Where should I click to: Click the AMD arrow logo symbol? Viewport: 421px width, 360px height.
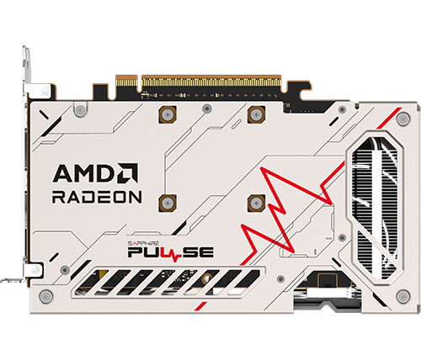coord(128,173)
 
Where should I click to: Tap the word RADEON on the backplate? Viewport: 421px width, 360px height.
coord(97,197)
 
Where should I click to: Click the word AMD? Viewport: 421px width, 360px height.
coord(84,173)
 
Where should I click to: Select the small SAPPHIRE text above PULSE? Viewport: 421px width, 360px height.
coord(143,243)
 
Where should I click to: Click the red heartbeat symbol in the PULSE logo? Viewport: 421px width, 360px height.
coord(175,254)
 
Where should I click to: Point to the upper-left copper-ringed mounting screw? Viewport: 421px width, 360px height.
coord(168,114)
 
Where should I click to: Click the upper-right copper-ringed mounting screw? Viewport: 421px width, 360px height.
coord(256,114)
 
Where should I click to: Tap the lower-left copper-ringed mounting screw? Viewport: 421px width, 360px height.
coord(168,203)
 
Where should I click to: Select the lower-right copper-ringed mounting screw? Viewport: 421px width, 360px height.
coord(256,203)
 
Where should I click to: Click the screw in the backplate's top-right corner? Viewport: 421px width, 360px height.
coord(403,119)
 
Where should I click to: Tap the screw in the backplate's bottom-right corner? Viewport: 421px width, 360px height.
coord(403,296)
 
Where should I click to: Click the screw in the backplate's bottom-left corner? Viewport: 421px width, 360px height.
coord(46,297)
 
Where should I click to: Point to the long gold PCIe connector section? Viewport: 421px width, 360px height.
coord(211,81)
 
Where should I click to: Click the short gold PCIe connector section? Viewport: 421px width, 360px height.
coord(126,81)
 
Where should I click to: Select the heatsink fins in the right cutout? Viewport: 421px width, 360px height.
coord(375,208)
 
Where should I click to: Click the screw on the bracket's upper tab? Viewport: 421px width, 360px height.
coord(45,91)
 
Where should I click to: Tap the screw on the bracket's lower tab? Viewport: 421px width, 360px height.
coord(35,270)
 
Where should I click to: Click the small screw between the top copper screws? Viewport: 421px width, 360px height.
coord(207,109)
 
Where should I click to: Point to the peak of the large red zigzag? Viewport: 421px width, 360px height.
coord(262,168)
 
